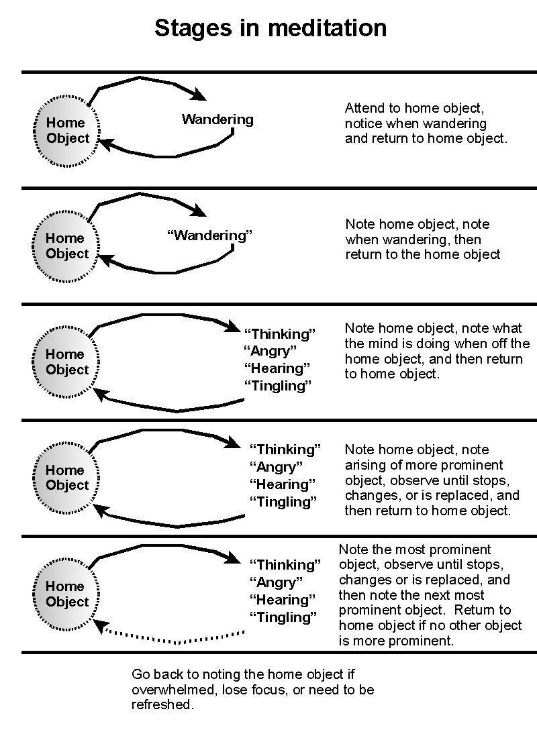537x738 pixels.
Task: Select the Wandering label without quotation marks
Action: (217, 119)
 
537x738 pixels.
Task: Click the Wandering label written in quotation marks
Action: (209, 235)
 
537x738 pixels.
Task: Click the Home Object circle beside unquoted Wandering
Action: (67, 131)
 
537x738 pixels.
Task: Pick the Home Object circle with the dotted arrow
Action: (67, 594)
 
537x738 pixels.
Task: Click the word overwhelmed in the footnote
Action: (167, 690)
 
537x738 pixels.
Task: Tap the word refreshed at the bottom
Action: (162, 705)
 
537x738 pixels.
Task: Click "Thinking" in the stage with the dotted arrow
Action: (285, 565)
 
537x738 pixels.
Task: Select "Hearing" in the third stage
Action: (277, 368)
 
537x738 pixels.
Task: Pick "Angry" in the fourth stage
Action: (276, 467)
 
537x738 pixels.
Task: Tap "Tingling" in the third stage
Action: (278, 386)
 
